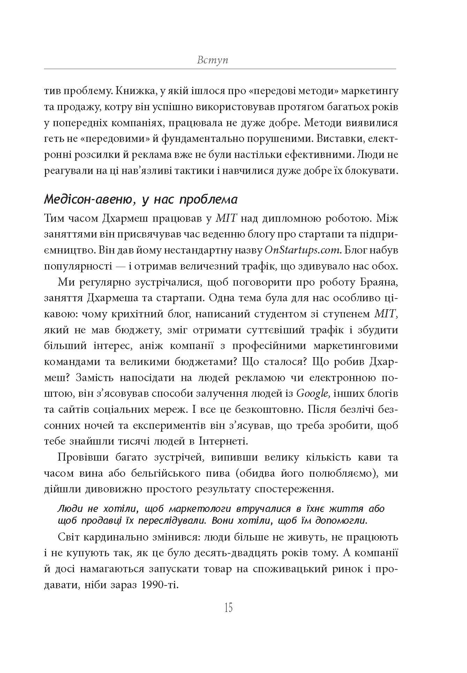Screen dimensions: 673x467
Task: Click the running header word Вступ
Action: [212, 60]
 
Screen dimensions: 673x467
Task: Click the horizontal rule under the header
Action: [220, 69]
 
